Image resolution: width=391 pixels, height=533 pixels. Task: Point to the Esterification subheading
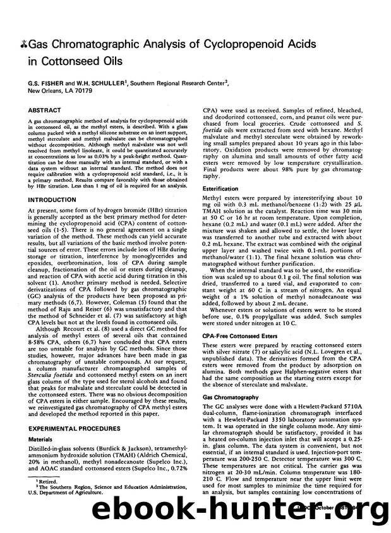pos(220,188)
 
